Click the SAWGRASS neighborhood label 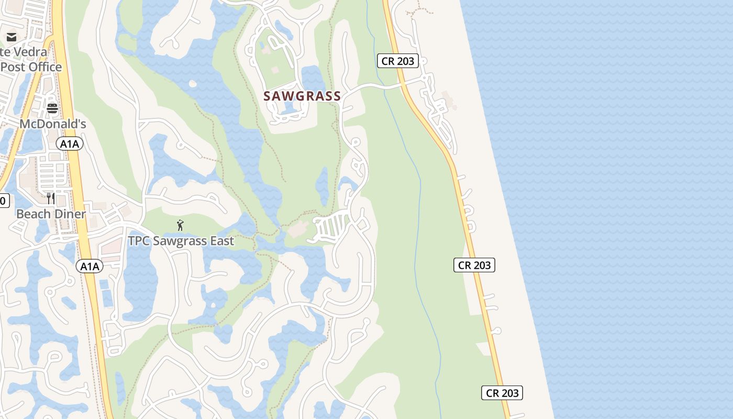click(302, 96)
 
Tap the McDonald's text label click(53, 124)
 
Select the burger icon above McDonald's click(52, 108)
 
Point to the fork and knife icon click(51, 198)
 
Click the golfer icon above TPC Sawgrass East click(180, 225)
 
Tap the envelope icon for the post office click(12, 37)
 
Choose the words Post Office click(31, 67)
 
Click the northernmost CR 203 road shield click(398, 61)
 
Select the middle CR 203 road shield click(474, 265)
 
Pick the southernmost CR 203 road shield click(502, 393)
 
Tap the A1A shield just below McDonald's click(70, 144)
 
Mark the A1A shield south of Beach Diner click(90, 266)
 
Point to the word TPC click(140, 241)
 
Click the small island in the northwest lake click(193, 84)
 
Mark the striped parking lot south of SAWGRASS click(332, 226)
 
